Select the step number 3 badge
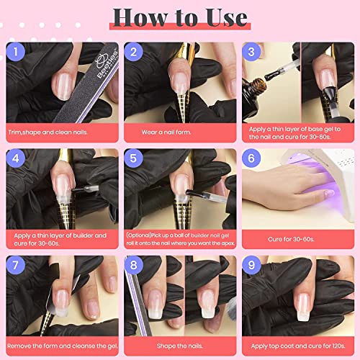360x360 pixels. point(253,53)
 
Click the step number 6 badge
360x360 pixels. point(253,159)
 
